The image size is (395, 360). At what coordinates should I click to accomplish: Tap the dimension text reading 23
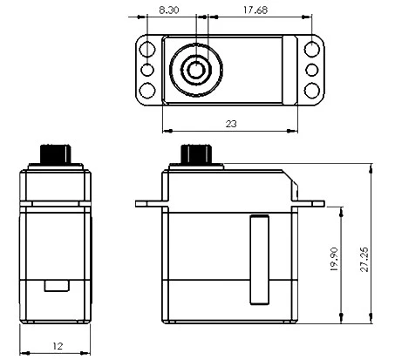pos(231,124)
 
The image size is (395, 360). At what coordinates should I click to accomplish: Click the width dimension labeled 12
pos(58,346)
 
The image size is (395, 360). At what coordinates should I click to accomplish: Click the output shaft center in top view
pos(196,68)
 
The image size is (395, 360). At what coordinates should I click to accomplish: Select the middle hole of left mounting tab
pos(147,68)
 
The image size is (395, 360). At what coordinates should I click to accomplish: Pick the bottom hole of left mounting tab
pos(147,89)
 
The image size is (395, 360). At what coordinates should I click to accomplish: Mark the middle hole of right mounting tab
pos(311,68)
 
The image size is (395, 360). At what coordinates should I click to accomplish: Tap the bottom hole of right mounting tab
pos(311,89)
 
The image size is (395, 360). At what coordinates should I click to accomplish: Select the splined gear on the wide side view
pos(195,153)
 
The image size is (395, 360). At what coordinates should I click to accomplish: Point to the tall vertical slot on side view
pos(256,261)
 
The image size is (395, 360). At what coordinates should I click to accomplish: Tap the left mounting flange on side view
pos(148,203)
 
